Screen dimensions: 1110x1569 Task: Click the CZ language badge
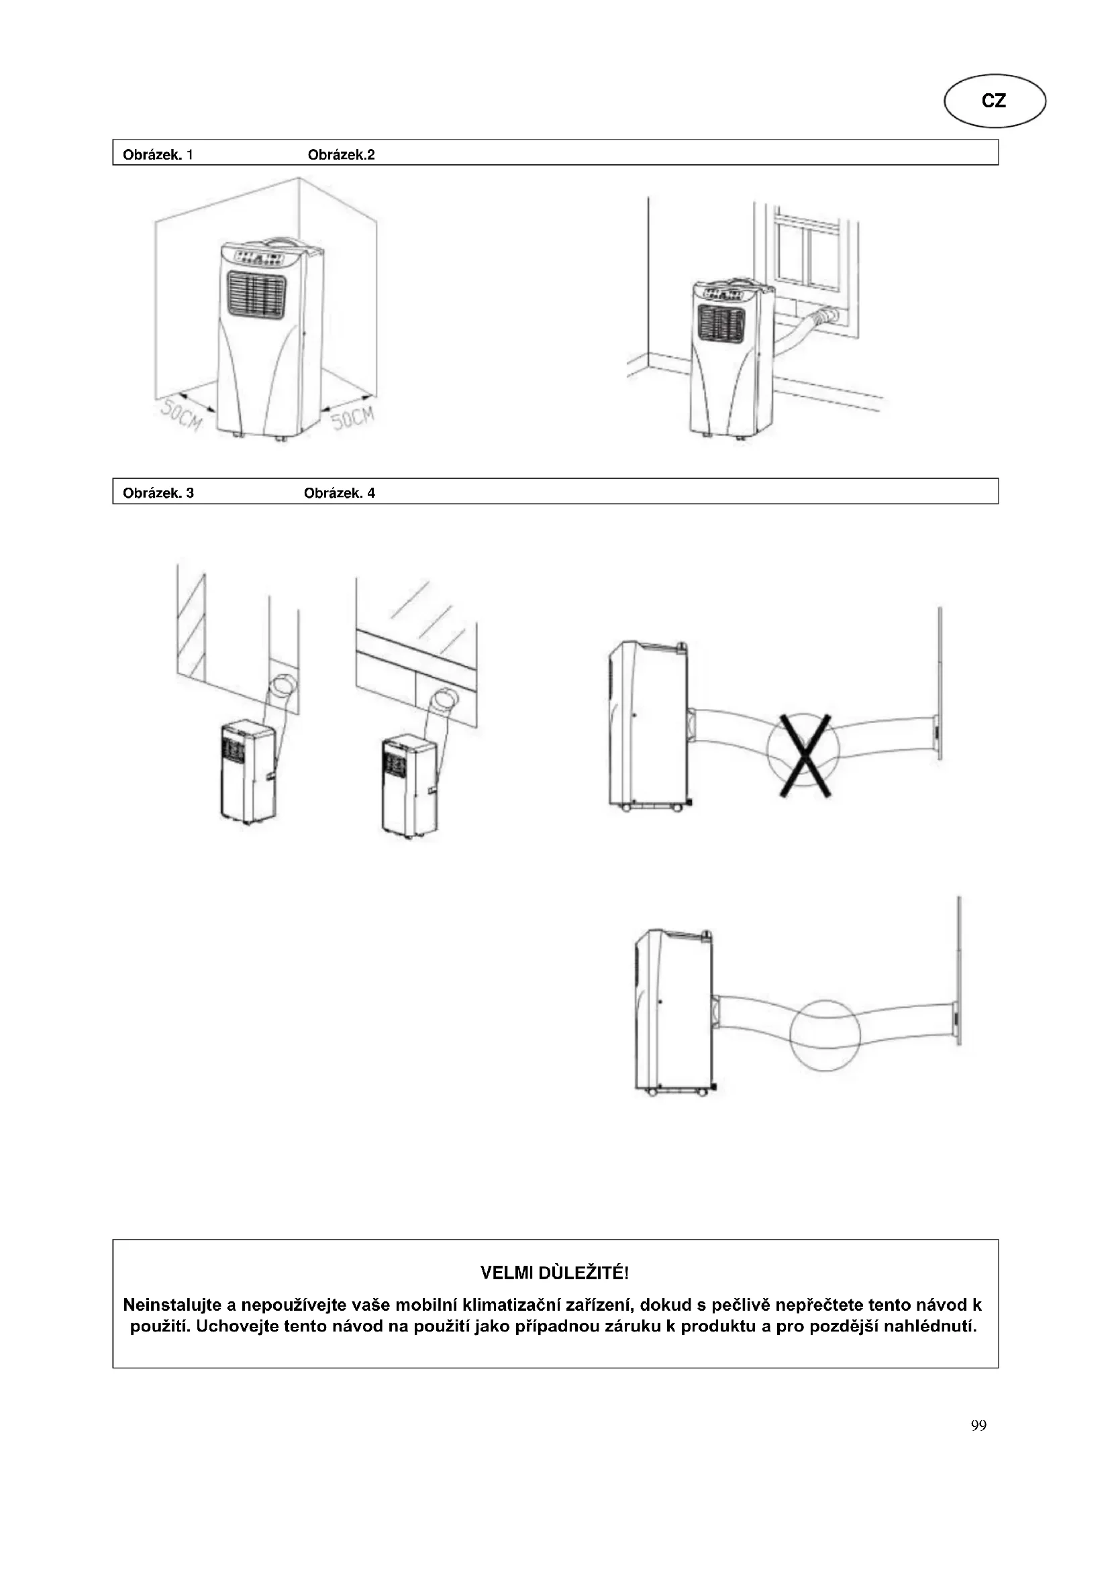[x=994, y=101]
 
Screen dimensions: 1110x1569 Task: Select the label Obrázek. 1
[x=158, y=154]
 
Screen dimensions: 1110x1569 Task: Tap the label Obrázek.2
[x=341, y=154]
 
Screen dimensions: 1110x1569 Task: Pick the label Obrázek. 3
[x=158, y=493]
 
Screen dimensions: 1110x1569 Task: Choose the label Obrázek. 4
[x=339, y=493]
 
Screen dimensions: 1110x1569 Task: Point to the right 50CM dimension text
[x=354, y=416]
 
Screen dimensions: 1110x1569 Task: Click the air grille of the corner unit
[x=256, y=295]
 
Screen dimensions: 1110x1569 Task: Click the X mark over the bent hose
[x=805, y=755]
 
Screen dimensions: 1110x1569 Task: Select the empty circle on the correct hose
[x=824, y=1032]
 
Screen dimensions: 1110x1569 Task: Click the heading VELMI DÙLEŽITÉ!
[x=554, y=1273]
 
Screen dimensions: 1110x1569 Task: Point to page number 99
[x=978, y=1425]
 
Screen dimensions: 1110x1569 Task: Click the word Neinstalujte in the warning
[x=171, y=1305]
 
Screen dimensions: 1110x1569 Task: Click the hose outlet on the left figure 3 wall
[x=284, y=685]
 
